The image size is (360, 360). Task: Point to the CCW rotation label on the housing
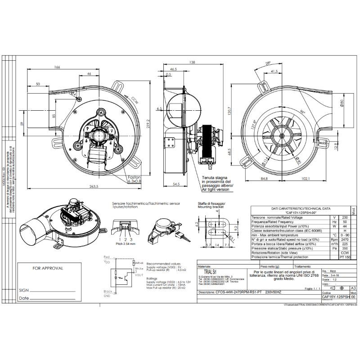coord(135,100)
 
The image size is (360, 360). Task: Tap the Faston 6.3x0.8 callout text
coord(134,180)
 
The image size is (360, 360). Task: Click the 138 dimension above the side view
coord(192,63)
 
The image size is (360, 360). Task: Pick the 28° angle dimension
coord(268,63)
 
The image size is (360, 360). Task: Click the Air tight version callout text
coord(216,190)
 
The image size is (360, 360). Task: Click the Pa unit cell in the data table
coord(334,248)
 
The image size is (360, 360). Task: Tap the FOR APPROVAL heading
coord(48,268)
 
